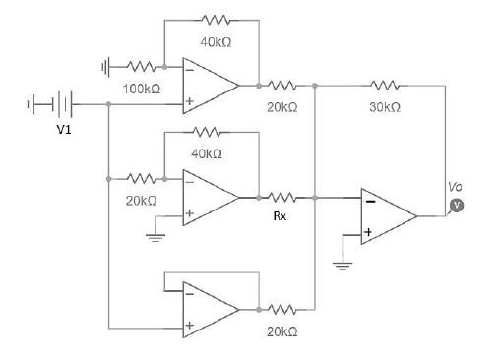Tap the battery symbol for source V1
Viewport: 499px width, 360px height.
59,102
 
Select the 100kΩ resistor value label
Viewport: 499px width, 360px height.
141,89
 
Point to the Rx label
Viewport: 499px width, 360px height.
281,216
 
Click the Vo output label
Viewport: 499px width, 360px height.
454,186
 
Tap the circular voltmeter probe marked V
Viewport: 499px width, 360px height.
456,205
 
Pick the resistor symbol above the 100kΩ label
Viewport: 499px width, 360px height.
141,67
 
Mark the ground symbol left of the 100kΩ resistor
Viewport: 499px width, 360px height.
106,67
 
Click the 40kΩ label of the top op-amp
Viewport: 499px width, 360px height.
215,42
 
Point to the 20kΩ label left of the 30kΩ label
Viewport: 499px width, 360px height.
281,106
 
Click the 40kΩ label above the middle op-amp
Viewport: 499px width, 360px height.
207,154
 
